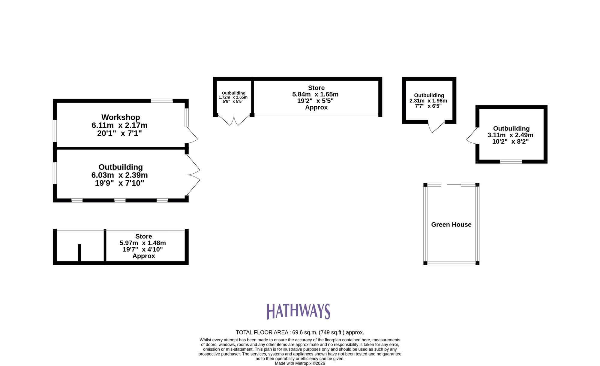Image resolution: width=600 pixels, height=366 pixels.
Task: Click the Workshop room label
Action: pyautogui.click(x=121, y=117)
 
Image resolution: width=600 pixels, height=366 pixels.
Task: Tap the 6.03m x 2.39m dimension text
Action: pyautogui.click(x=119, y=175)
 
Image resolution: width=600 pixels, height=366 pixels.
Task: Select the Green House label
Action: pyautogui.click(x=451, y=224)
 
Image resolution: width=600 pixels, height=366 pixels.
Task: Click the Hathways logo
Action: pyautogui.click(x=298, y=311)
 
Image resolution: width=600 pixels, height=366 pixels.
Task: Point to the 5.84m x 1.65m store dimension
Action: pyautogui.click(x=315, y=94)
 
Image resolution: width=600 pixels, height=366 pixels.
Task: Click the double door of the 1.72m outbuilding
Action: pyautogui.click(x=234, y=120)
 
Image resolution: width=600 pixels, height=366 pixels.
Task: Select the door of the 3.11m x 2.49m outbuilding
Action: pyautogui.click(x=472, y=137)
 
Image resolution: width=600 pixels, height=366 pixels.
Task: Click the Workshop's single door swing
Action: pyautogui.click(x=191, y=135)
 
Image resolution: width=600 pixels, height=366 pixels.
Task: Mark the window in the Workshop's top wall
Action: pyautogui.click(x=162, y=101)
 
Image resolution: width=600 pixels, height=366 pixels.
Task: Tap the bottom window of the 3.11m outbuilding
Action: pyautogui.click(x=511, y=162)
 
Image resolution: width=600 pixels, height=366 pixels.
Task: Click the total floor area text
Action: pyautogui.click(x=300, y=332)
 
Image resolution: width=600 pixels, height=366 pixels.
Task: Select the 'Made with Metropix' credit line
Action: pyautogui.click(x=300, y=363)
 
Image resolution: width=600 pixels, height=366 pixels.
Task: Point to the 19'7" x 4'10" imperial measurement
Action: pyautogui.click(x=143, y=249)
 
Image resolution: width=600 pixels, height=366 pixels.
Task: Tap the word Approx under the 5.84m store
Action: pyautogui.click(x=316, y=108)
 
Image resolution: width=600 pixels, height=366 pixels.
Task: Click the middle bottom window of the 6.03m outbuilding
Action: pyautogui.click(x=120, y=200)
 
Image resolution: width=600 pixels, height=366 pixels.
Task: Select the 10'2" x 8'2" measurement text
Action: pyautogui.click(x=510, y=142)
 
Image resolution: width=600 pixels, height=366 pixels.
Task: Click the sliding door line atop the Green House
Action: pyautogui.click(x=454, y=185)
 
